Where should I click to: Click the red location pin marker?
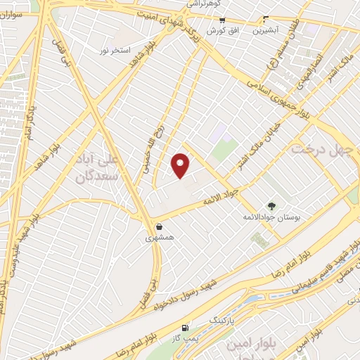[x=181, y=165]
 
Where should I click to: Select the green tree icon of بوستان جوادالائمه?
[x=271, y=206]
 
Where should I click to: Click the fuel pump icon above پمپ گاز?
[x=185, y=328]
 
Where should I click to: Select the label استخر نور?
[x=115, y=51]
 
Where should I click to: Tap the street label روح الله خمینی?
[x=159, y=143]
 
